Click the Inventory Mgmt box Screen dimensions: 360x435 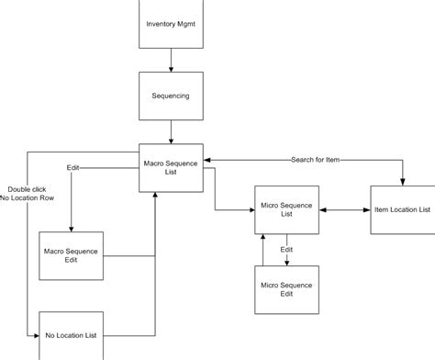pyautogui.click(x=171, y=23)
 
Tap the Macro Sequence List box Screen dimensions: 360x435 pyautogui.click(x=171, y=167)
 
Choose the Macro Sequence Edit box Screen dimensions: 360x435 pyautogui.click(x=72, y=256)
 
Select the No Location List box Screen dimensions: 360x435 pyautogui.click(x=72, y=336)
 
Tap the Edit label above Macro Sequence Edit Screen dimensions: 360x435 pyautogui.click(x=73, y=169)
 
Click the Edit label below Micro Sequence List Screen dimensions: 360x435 pyautogui.click(x=286, y=249)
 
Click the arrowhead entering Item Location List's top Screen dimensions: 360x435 pyautogui.click(x=402, y=181)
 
